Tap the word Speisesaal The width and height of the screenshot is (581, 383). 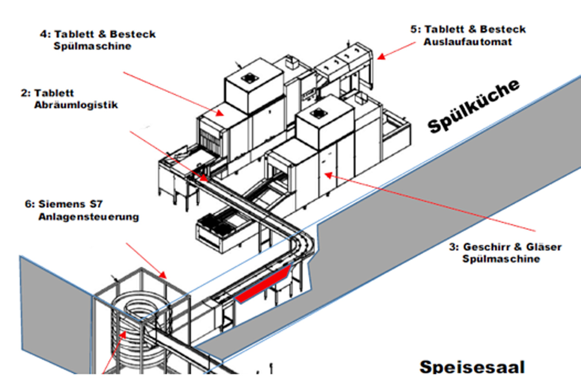472,366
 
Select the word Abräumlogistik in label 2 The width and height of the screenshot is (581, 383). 76,105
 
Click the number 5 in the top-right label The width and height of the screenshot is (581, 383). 414,29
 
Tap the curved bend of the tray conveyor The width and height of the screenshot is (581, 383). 301,245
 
